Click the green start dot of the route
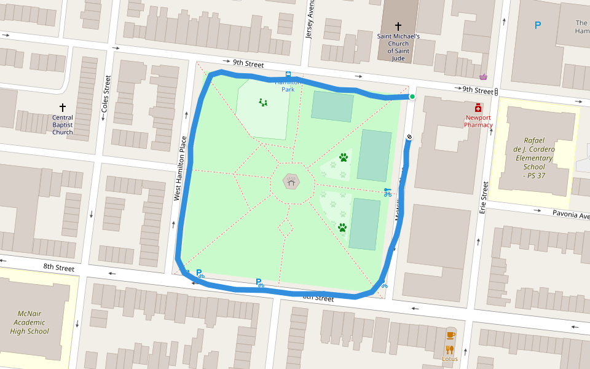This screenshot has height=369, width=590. point(412,97)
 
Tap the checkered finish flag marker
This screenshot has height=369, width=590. point(409,137)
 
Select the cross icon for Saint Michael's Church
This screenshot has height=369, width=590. point(398,26)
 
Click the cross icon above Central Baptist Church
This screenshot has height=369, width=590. point(62,108)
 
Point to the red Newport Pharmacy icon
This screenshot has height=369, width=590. point(478,108)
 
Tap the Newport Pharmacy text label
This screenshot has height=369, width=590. point(478,121)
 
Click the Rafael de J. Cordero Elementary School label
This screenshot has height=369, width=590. point(530,158)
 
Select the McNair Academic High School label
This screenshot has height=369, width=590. point(29,322)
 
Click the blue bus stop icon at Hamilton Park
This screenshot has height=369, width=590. point(288,75)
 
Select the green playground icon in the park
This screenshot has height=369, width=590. point(263,102)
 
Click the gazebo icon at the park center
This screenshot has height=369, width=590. point(291,181)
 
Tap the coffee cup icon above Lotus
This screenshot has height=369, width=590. point(450,335)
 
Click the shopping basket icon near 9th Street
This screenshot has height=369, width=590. point(484,77)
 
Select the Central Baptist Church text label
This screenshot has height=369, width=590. point(62,125)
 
